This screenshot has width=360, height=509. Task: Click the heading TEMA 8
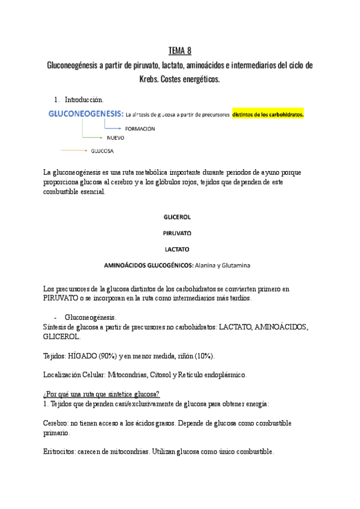179,50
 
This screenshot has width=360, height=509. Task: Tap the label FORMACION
140,128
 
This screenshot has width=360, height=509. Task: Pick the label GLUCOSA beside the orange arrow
103,150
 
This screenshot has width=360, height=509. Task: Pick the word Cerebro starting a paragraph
58,423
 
